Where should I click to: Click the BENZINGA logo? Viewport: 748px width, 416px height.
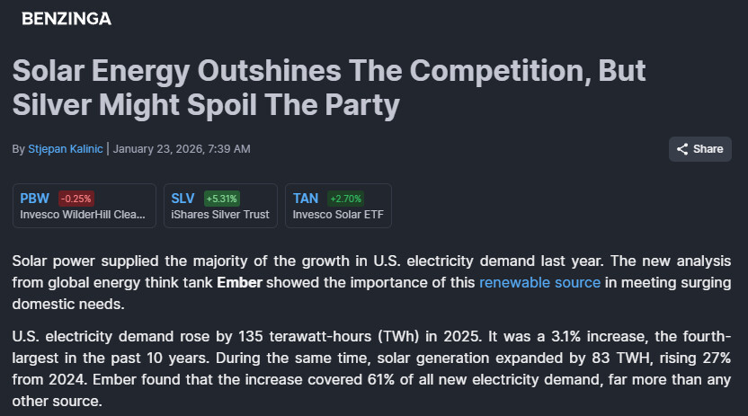coord(67,18)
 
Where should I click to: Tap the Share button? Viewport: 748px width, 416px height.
coord(699,149)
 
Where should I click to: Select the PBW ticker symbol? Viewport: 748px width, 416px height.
coord(35,199)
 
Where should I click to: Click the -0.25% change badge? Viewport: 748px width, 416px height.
coord(76,199)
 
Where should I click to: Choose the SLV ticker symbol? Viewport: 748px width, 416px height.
coord(183,199)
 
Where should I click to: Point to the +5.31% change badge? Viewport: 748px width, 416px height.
coord(222,199)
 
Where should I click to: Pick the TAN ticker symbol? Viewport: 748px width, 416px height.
coord(306,199)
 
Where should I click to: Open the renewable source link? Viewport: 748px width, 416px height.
coord(539,283)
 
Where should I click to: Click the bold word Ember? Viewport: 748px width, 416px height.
coord(238,283)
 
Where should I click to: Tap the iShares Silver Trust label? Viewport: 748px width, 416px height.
coord(219,215)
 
